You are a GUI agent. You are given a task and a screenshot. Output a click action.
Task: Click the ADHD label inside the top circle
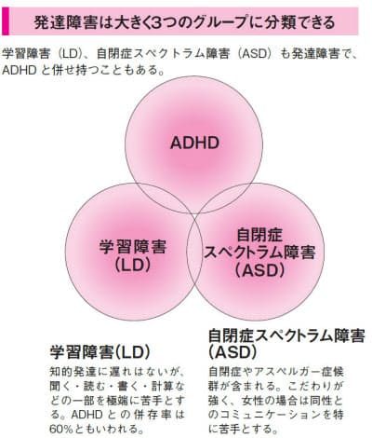(194, 143)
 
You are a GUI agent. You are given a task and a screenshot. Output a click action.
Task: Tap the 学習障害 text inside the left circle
(133, 247)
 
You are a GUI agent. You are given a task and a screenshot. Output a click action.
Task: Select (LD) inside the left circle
(132, 265)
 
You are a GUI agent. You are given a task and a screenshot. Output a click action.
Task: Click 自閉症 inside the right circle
(259, 235)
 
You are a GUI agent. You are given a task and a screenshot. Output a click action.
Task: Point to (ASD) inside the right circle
(259, 270)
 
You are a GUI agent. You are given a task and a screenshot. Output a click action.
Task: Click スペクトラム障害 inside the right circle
(259, 253)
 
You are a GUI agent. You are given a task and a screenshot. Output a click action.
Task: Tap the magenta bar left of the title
(6, 21)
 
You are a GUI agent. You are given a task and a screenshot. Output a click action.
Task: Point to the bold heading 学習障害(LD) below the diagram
(100, 352)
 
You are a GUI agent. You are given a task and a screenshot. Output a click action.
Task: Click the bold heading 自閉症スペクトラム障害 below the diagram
(286, 335)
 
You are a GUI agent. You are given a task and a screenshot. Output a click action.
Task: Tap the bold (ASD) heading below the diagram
(232, 352)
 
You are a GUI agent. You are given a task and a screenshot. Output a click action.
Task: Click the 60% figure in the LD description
(61, 429)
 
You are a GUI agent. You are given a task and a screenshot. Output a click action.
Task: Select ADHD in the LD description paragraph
(86, 415)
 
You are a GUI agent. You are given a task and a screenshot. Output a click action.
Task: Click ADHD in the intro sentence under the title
(20, 70)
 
